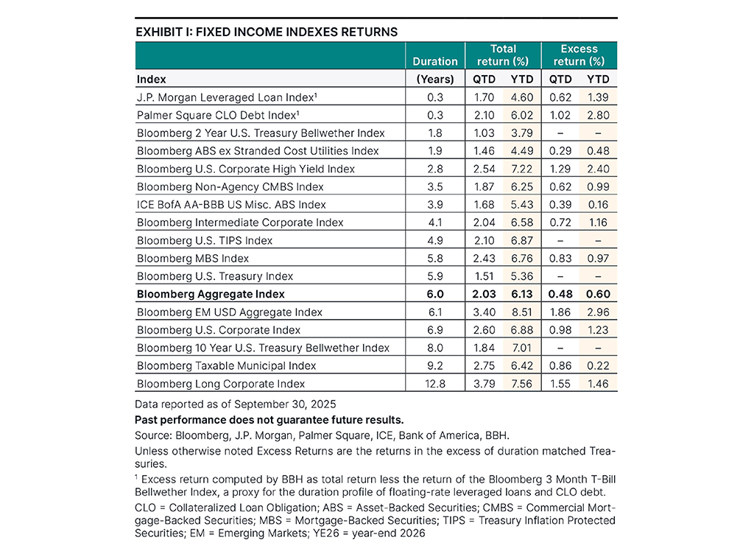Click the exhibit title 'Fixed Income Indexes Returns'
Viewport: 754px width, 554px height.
pos(267,32)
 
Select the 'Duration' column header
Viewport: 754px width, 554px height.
pos(435,62)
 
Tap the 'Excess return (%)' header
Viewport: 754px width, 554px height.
pos(579,55)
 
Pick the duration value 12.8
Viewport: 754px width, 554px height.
pos(435,384)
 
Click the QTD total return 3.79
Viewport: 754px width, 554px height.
pos(485,384)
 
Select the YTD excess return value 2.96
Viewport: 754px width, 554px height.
pos(598,312)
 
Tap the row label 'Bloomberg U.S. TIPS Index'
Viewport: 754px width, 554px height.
pos(205,240)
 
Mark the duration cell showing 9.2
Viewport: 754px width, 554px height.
pos(435,366)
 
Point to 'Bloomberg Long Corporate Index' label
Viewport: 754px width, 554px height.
pos(221,384)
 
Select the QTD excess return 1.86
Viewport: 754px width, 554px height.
pos(560,312)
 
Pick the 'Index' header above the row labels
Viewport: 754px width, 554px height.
pos(152,79)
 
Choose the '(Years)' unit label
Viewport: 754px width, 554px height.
pos(435,79)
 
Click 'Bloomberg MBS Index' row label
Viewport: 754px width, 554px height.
pos(193,259)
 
